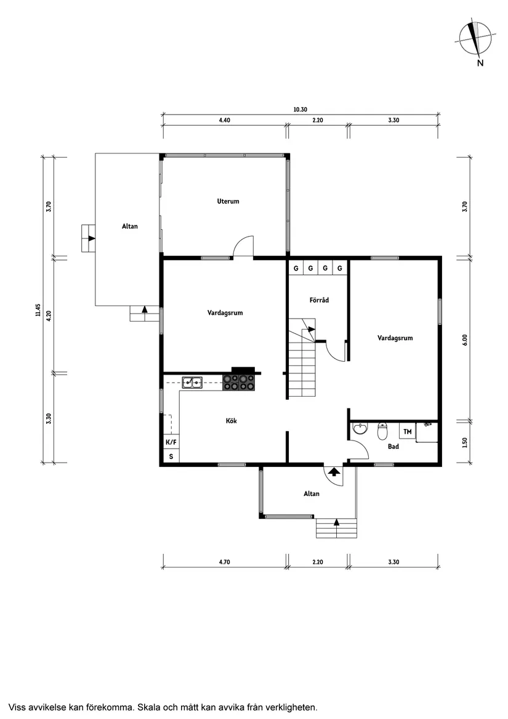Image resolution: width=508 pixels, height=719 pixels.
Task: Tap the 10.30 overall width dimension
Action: pos(300,109)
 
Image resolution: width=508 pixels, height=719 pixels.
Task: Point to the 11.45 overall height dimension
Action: pos(38,310)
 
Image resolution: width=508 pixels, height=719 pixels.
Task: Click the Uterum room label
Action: pos(228,201)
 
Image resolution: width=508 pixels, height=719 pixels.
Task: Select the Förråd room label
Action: pos(319,300)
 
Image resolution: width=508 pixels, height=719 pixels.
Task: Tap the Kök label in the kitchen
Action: pos(231,421)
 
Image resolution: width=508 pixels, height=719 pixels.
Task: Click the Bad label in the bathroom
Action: pos(393,446)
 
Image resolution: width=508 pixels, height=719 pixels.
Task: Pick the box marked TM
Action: pos(408,431)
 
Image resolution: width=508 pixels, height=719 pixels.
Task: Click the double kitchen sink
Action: pos(193,383)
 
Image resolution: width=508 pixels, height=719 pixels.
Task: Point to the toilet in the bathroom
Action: pos(382,429)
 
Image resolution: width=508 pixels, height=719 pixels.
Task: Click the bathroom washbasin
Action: pos(360,429)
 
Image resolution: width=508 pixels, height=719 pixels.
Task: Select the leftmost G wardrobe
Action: pos(296,268)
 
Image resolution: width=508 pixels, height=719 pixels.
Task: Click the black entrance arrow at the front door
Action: pos(333,472)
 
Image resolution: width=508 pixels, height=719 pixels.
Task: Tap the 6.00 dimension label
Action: pos(465,339)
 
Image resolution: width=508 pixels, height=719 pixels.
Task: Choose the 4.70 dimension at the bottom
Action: pos(224,562)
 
